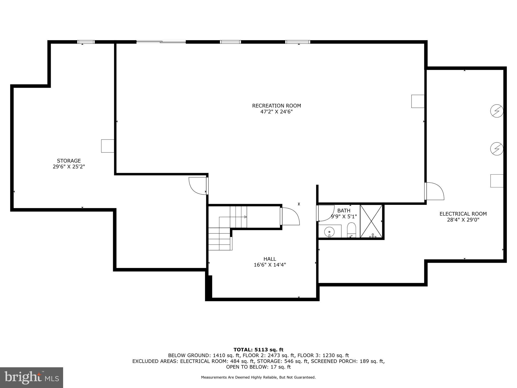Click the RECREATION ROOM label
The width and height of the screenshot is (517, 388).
coord(276,106)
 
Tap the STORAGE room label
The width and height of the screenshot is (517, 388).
coord(69,161)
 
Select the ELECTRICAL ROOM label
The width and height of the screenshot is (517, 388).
coord(463,214)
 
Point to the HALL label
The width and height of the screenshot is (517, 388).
coord(270,259)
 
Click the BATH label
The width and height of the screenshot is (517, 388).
coord(344,210)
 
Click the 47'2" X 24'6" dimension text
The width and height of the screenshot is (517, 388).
coord(276,112)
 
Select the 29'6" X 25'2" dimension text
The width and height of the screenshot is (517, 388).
coord(69,167)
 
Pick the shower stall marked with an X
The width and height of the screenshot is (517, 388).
coord(371,221)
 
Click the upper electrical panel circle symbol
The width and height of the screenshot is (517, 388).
coord(497,111)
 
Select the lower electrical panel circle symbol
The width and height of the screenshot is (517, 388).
coord(497,149)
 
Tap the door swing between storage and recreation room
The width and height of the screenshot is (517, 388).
coord(198,186)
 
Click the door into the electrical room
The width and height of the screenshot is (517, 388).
coord(434,191)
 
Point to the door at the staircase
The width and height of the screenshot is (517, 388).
coord(290,216)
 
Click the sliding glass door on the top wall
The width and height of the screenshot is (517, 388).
coord(161,42)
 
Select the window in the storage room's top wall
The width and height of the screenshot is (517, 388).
coord(86,42)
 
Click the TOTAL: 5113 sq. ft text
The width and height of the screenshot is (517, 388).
coord(258,350)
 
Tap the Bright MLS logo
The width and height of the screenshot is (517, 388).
coord(32,377)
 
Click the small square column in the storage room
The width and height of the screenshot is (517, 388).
coord(108,146)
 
